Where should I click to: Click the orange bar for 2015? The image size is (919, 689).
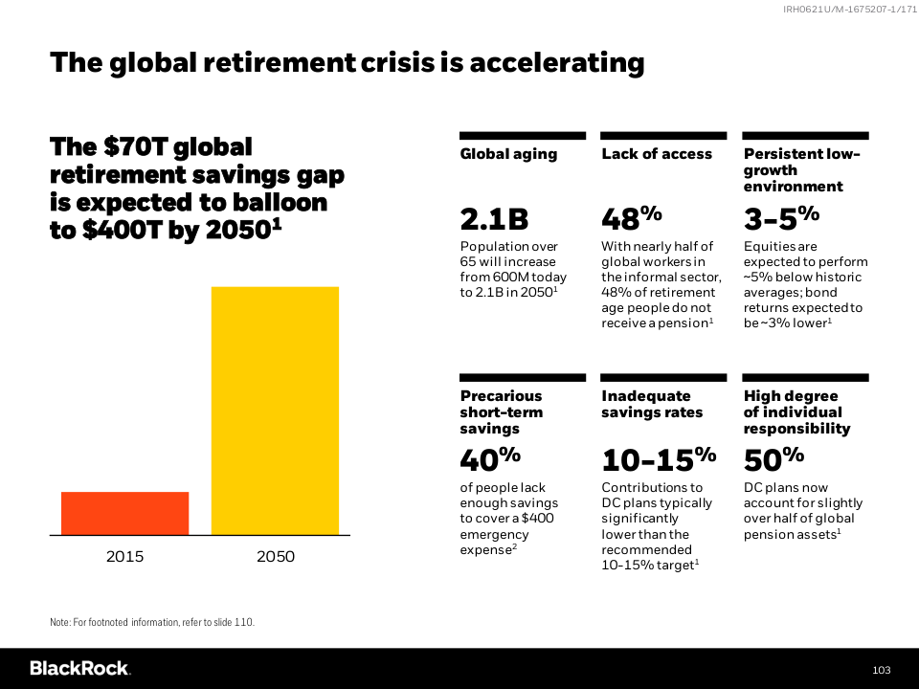click(124, 513)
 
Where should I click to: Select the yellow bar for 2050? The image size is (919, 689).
click(275, 410)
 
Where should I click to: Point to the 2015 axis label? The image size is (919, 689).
click(124, 557)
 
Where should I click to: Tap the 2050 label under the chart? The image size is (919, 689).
click(276, 557)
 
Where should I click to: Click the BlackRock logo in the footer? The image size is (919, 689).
click(80, 668)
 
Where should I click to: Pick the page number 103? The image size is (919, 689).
click(882, 669)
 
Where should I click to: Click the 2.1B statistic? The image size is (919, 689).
click(494, 220)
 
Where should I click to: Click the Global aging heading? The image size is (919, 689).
click(508, 154)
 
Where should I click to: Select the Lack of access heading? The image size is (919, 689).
click(657, 154)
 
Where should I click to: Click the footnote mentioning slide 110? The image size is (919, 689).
click(152, 622)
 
